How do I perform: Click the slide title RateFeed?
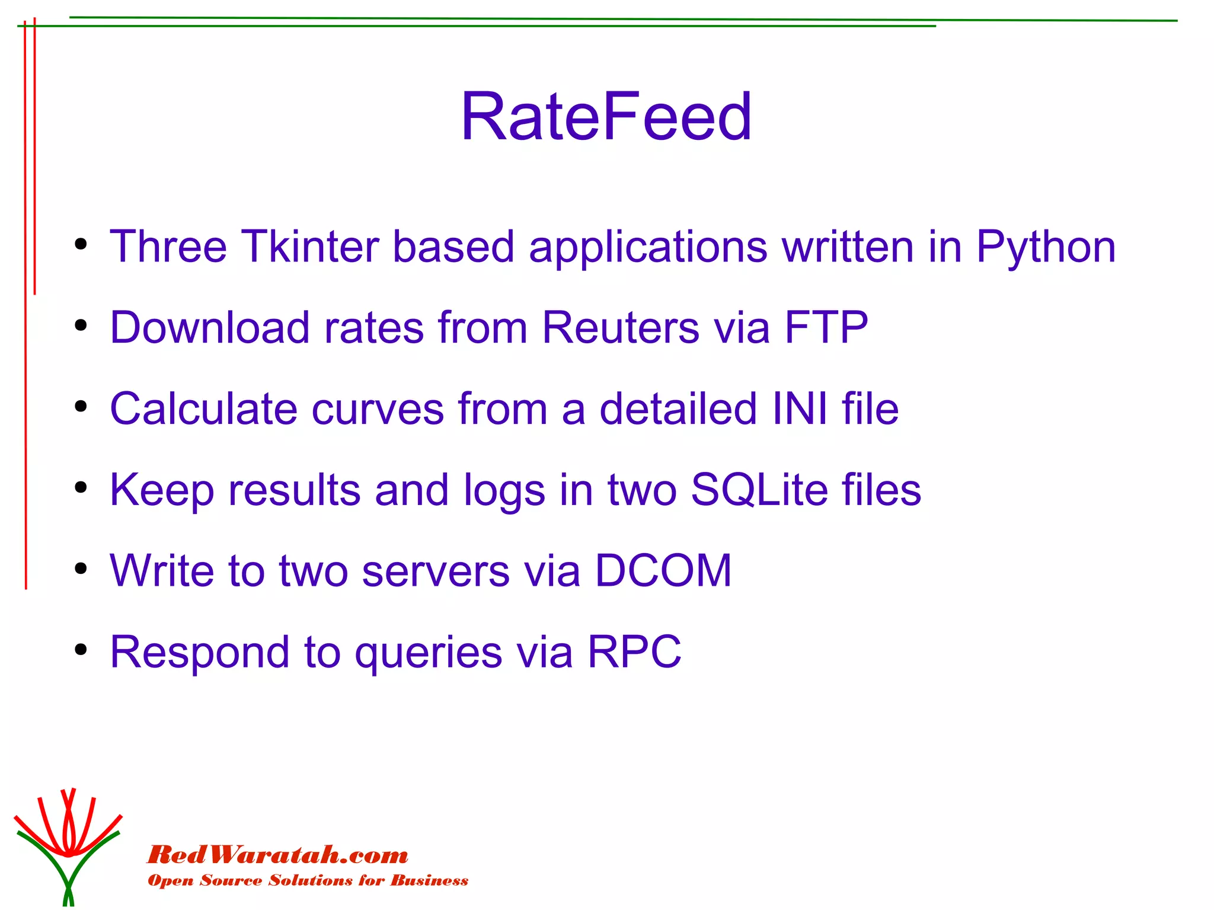(x=606, y=116)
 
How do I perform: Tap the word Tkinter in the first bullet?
(x=309, y=247)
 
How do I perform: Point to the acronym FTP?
(x=826, y=327)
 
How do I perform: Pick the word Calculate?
(x=203, y=409)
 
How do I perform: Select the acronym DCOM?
(x=663, y=571)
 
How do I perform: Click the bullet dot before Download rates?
(x=81, y=325)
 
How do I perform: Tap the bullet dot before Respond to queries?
(x=81, y=650)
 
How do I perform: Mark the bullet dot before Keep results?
(x=81, y=488)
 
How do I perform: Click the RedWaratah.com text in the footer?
(x=277, y=855)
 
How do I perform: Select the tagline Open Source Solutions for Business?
(x=308, y=880)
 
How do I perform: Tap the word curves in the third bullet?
(x=378, y=409)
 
